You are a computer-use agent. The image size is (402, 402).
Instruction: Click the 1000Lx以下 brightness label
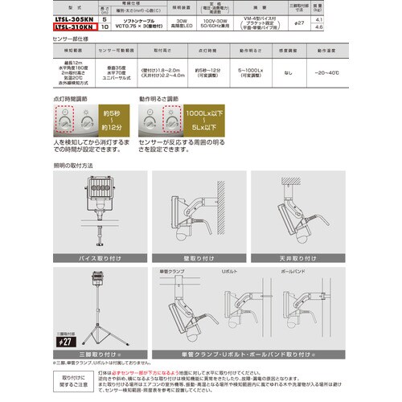click(197, 116)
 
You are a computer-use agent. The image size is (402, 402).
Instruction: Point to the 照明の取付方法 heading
click(73, 165)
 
